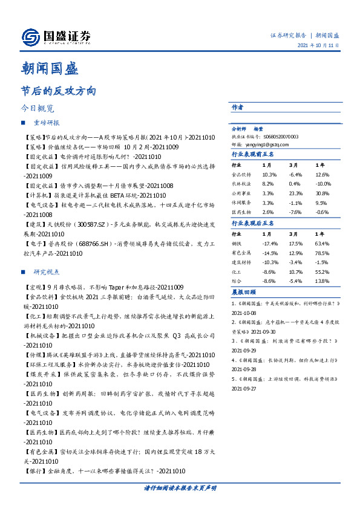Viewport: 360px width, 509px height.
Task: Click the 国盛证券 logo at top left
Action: (56, 37)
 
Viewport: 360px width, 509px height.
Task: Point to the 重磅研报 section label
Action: (47, 123)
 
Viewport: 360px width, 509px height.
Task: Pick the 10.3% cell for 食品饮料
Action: (269, 175)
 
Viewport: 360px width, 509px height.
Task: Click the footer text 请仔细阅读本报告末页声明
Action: (180, 487)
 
